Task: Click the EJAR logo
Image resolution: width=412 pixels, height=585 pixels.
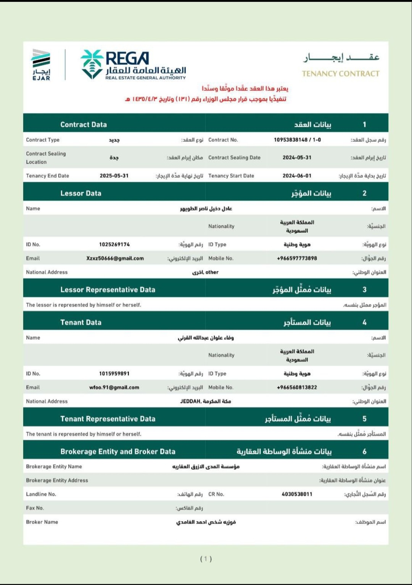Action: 41,65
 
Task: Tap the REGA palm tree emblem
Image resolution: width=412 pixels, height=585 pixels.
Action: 92,64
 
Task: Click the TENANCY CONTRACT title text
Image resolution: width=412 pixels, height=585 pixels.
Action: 341,74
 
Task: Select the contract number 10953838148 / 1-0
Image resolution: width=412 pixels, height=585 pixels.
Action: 297,140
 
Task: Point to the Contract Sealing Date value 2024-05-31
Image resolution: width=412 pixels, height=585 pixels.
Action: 297,157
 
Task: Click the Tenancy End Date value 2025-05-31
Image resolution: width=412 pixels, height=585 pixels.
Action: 114,176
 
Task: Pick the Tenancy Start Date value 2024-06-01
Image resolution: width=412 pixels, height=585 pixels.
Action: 297,176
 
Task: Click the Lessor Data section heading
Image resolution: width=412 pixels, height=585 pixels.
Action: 81,193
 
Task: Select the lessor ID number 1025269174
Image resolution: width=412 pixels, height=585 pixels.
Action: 114,244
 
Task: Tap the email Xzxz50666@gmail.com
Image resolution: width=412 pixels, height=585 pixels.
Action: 115,259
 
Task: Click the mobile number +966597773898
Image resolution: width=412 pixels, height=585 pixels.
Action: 297,259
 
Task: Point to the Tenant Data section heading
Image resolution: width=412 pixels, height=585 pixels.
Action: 81,323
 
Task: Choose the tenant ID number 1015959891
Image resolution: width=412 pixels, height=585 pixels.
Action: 114,374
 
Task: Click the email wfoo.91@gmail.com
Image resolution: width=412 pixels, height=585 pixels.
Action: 114,387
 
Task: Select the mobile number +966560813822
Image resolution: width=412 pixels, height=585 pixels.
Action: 297,387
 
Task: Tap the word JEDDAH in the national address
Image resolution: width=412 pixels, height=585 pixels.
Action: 190,402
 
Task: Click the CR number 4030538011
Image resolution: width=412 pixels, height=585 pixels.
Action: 297,494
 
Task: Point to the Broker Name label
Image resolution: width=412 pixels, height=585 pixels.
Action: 42,522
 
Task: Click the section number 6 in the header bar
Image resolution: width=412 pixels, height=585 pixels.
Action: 364,452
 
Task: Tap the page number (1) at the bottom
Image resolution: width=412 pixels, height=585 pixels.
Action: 206,559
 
